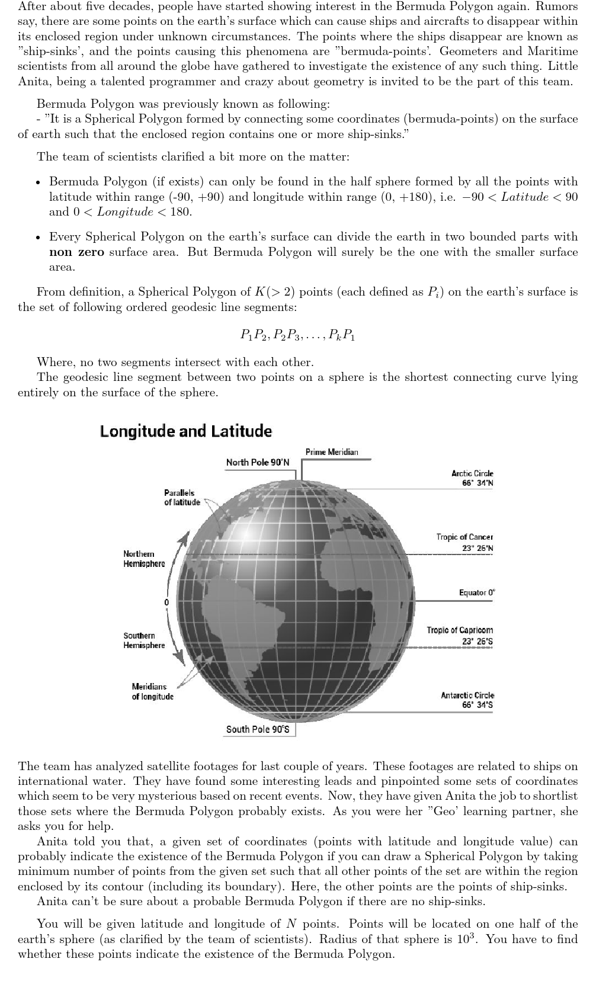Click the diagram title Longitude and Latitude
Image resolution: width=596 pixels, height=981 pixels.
185,431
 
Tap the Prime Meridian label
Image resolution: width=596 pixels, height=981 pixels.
332,452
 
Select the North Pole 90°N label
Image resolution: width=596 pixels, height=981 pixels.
258,462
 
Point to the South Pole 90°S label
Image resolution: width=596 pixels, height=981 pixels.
258,729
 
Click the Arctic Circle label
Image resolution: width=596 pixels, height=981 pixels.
472,478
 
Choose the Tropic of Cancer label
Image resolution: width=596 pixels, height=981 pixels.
464,542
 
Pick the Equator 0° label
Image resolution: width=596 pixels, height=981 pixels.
477,592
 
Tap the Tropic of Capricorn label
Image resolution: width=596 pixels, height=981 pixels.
460,636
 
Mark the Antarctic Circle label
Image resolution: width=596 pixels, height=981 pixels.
467,700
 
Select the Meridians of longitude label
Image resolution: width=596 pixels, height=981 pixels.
152,691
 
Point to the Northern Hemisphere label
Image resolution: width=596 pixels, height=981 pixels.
144,559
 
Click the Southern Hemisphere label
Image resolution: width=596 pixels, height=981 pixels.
144,640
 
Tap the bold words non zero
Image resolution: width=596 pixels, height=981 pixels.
76,252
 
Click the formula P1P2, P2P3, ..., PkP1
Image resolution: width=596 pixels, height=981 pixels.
297,335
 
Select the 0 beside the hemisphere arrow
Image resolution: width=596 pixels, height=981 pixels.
166,602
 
